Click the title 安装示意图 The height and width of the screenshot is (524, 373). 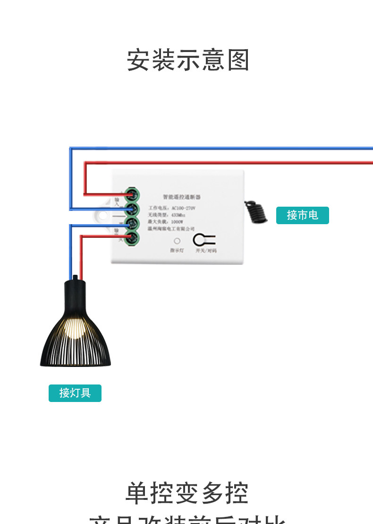point(188,60)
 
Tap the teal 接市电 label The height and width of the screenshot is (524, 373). point(302,215)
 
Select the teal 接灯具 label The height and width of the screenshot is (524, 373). point(75,393)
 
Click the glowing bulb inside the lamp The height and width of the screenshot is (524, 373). point(75,327)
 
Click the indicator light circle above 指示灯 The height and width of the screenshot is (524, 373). point(177,241)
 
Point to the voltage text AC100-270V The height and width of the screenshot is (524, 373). point(183,208)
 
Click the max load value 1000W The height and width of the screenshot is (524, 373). point(177,221)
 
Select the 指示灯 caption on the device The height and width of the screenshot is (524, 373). point(177,250)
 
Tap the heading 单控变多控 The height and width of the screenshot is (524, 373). point(187,493)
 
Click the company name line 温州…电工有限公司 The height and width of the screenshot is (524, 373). point(171,228)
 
